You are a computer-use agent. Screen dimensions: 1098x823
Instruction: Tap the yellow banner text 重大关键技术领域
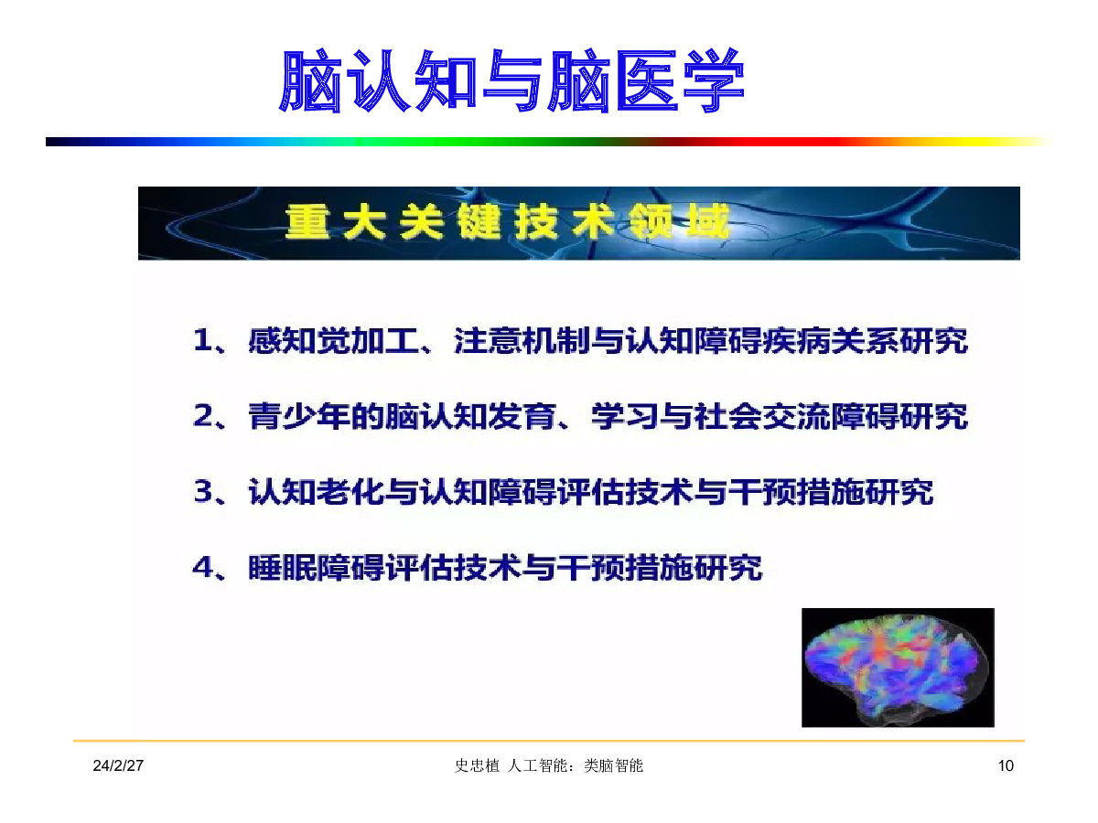pos(506,222)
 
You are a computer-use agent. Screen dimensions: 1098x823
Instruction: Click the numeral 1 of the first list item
pos(202,340)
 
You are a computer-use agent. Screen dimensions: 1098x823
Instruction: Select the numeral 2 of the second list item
pos(204,415)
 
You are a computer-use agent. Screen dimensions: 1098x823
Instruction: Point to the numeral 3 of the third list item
pos(204,491)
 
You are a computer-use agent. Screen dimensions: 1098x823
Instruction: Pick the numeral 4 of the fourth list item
pos(204,567)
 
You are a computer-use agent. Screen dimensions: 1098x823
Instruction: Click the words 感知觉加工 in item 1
pos(334,341)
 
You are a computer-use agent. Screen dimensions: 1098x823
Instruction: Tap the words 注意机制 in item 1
pos(522,341)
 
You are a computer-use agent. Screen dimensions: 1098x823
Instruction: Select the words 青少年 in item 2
pos(299,416)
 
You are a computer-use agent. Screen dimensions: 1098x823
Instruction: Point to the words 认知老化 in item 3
pos(316,492)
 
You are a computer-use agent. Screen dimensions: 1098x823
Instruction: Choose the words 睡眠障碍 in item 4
pos(316,568)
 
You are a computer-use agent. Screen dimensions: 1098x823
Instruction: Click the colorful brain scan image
pos(898,668)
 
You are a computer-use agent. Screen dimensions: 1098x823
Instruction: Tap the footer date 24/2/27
pos(118,765)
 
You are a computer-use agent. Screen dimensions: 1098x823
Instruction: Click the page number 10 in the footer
pos(1006,765)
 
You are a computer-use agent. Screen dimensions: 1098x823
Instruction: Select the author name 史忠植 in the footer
pos(477,765)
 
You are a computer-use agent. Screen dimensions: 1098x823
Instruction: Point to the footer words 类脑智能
pos(613,765)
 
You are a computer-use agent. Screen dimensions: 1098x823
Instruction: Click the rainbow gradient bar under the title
pos(548,142)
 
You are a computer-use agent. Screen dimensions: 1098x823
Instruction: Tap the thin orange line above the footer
pos(549,741)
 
